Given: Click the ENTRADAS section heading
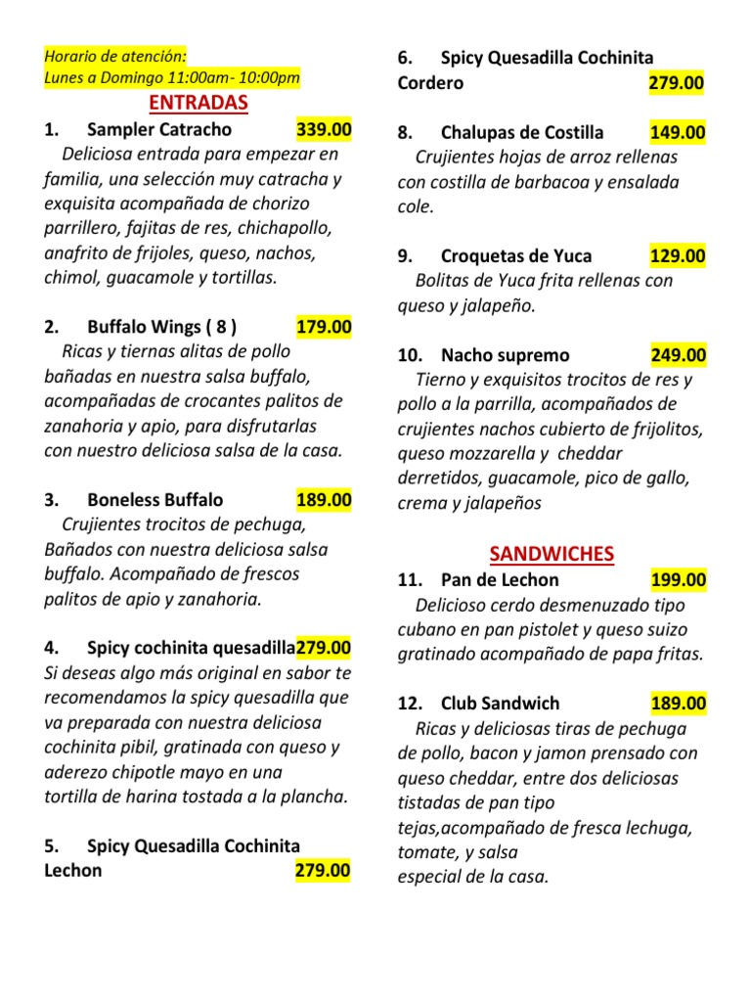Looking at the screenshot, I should [x=199, y=103].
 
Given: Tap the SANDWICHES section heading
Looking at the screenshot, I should [x=552, y=554].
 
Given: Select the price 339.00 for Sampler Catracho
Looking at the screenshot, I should [x=324, y=129].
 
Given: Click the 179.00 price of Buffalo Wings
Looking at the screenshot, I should [x=324, y=327].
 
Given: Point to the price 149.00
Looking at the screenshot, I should [x=677, y=132].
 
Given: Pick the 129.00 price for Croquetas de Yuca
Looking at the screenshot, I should [x=677, y=256].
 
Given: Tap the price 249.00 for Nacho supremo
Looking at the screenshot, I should [x=677, y=355].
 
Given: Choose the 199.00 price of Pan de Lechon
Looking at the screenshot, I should [x=677, y=579].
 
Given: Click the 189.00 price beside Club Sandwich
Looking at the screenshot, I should [x=677, y=704].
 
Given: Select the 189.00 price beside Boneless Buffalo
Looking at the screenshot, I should [x=324, y=500].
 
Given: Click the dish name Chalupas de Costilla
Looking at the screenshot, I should [x=522, y=132].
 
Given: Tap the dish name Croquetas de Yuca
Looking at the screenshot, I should [x=516, y=256].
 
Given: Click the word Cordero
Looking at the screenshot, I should [x=430, y=83].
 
